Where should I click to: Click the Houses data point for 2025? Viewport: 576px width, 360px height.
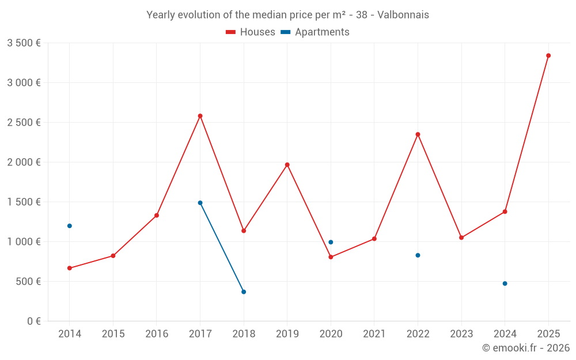548,56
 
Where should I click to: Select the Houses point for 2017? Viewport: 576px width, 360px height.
200,116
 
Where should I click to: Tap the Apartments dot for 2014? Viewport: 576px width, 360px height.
70,226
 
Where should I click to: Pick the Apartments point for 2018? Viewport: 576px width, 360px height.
244,292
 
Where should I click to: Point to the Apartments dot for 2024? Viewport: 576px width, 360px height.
505,283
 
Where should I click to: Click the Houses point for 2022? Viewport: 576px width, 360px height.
418,134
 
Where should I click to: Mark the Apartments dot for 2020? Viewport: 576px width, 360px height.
331,242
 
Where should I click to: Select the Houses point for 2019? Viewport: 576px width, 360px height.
287,165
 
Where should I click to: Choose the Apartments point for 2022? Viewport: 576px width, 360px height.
418,255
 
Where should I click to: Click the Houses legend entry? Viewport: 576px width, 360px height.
251,32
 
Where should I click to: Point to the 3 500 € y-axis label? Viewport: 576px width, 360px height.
24,43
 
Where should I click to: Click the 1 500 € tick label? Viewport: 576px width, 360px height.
24,202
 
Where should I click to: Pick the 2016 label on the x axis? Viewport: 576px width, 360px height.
157,334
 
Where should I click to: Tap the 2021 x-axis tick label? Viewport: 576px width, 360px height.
374,334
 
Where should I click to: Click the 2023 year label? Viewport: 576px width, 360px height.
461,334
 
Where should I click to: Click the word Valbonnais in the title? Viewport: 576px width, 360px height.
403,14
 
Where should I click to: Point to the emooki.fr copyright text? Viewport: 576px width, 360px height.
526,348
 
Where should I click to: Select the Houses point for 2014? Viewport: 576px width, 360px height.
70,268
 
